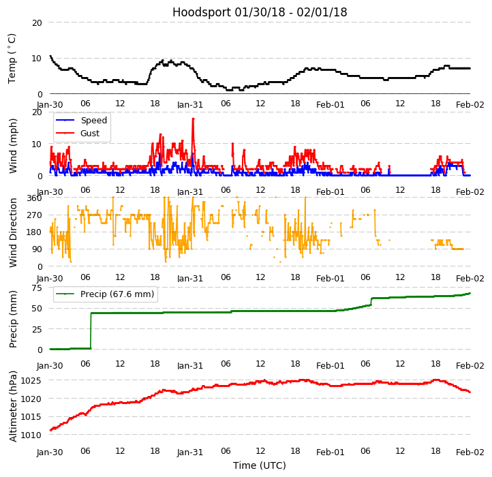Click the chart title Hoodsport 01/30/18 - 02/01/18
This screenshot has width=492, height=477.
click(x=260, y=12)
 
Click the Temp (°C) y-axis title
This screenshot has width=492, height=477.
click(x=12, y=58)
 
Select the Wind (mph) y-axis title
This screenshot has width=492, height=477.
click(x=12, y=144)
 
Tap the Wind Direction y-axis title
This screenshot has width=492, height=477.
click(x=12, y=232)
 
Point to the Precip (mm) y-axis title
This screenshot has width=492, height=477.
click(x=12, y=318)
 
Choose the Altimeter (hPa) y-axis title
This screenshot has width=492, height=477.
click(x=12, y=405)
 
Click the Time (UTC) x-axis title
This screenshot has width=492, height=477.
click(x=260, y=465)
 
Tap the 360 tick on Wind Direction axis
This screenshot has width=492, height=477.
click(x=34, y=198)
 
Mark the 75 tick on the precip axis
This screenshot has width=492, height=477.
click(x=36, y=288)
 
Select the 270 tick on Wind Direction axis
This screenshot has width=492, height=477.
click(x=34, y=215)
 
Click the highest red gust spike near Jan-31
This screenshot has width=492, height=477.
click(x=193, y=119)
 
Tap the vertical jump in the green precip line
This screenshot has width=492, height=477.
click(x=91, y=330)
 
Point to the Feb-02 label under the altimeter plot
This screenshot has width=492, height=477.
click(x=470, y=452)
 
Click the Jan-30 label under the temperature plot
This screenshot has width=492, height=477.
click(x=50, y=105)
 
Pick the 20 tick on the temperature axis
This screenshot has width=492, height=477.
click(x=37, y=22)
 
